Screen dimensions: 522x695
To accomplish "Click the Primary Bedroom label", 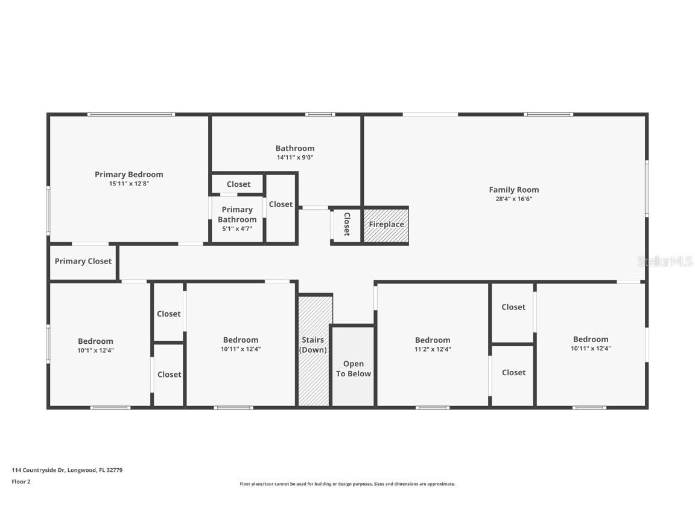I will click(x=129, y=175).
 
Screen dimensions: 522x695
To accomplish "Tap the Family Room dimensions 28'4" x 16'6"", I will click(x=513, y=199).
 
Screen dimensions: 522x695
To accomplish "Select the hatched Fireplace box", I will click(x=386, y=225).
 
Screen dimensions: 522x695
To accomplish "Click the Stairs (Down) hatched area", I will click(x=314, y=350).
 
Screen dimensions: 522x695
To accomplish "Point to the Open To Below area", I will click(x=353, y=369).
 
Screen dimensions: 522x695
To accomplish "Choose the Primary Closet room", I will click(x=83, y=262).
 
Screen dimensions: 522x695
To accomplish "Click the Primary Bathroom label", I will click(x=237, y=214).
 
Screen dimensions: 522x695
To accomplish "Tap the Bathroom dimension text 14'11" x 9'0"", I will click(x=295, y=158).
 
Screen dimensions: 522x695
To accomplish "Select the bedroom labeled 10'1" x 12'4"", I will click(x=95, y=345).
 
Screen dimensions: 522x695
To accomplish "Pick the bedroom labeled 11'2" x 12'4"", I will click(x=433, y=344).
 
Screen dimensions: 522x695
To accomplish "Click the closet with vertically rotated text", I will click(x=346, y=224).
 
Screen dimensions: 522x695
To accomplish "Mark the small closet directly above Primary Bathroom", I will click(x=238, y=184).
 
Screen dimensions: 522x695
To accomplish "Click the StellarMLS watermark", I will click(x=664, y=262).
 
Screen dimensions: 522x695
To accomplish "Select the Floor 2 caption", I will click(x=21, y=482).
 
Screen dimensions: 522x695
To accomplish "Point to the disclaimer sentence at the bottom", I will click(x=347, y=484).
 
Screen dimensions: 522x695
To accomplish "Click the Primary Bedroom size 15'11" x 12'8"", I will click(x=129, y=184).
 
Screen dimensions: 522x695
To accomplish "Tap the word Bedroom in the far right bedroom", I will click(x=591, y=340).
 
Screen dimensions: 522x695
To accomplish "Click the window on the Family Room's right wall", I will click(x=646, y=188).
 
